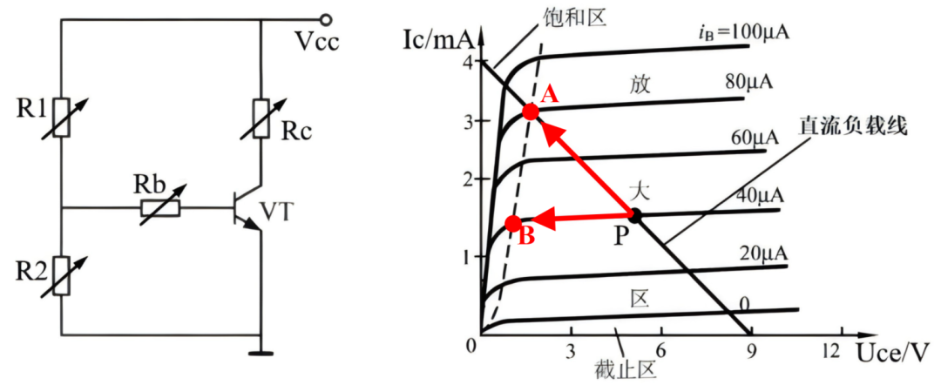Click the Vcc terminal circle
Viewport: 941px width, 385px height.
(326, 20)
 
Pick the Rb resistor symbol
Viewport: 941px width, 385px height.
(159, 208)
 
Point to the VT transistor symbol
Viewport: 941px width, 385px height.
(247, 211)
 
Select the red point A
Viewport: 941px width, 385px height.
(531, 111)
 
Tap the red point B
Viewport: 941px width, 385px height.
(513, 224)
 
